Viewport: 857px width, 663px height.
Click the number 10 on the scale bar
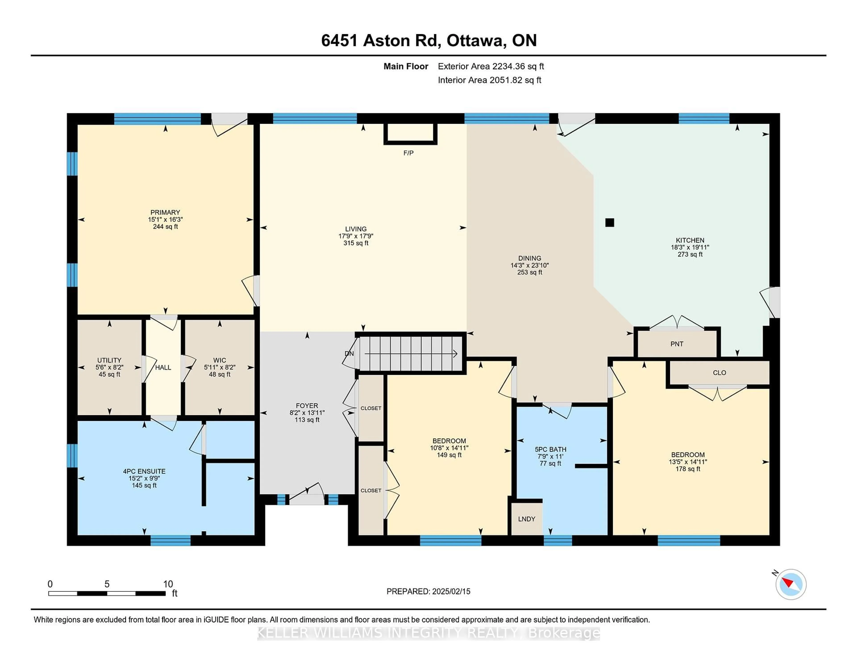click(x=168, y=584)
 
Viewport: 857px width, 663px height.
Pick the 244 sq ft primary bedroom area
click(x=165, y=227)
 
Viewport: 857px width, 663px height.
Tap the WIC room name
click(x=220, y=360)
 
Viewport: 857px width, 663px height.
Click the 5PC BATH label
click(x=551, y=449)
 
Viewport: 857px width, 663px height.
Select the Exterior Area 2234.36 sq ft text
click(x=491, y=66)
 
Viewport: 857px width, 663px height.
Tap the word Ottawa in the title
click(x=474, y=40)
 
